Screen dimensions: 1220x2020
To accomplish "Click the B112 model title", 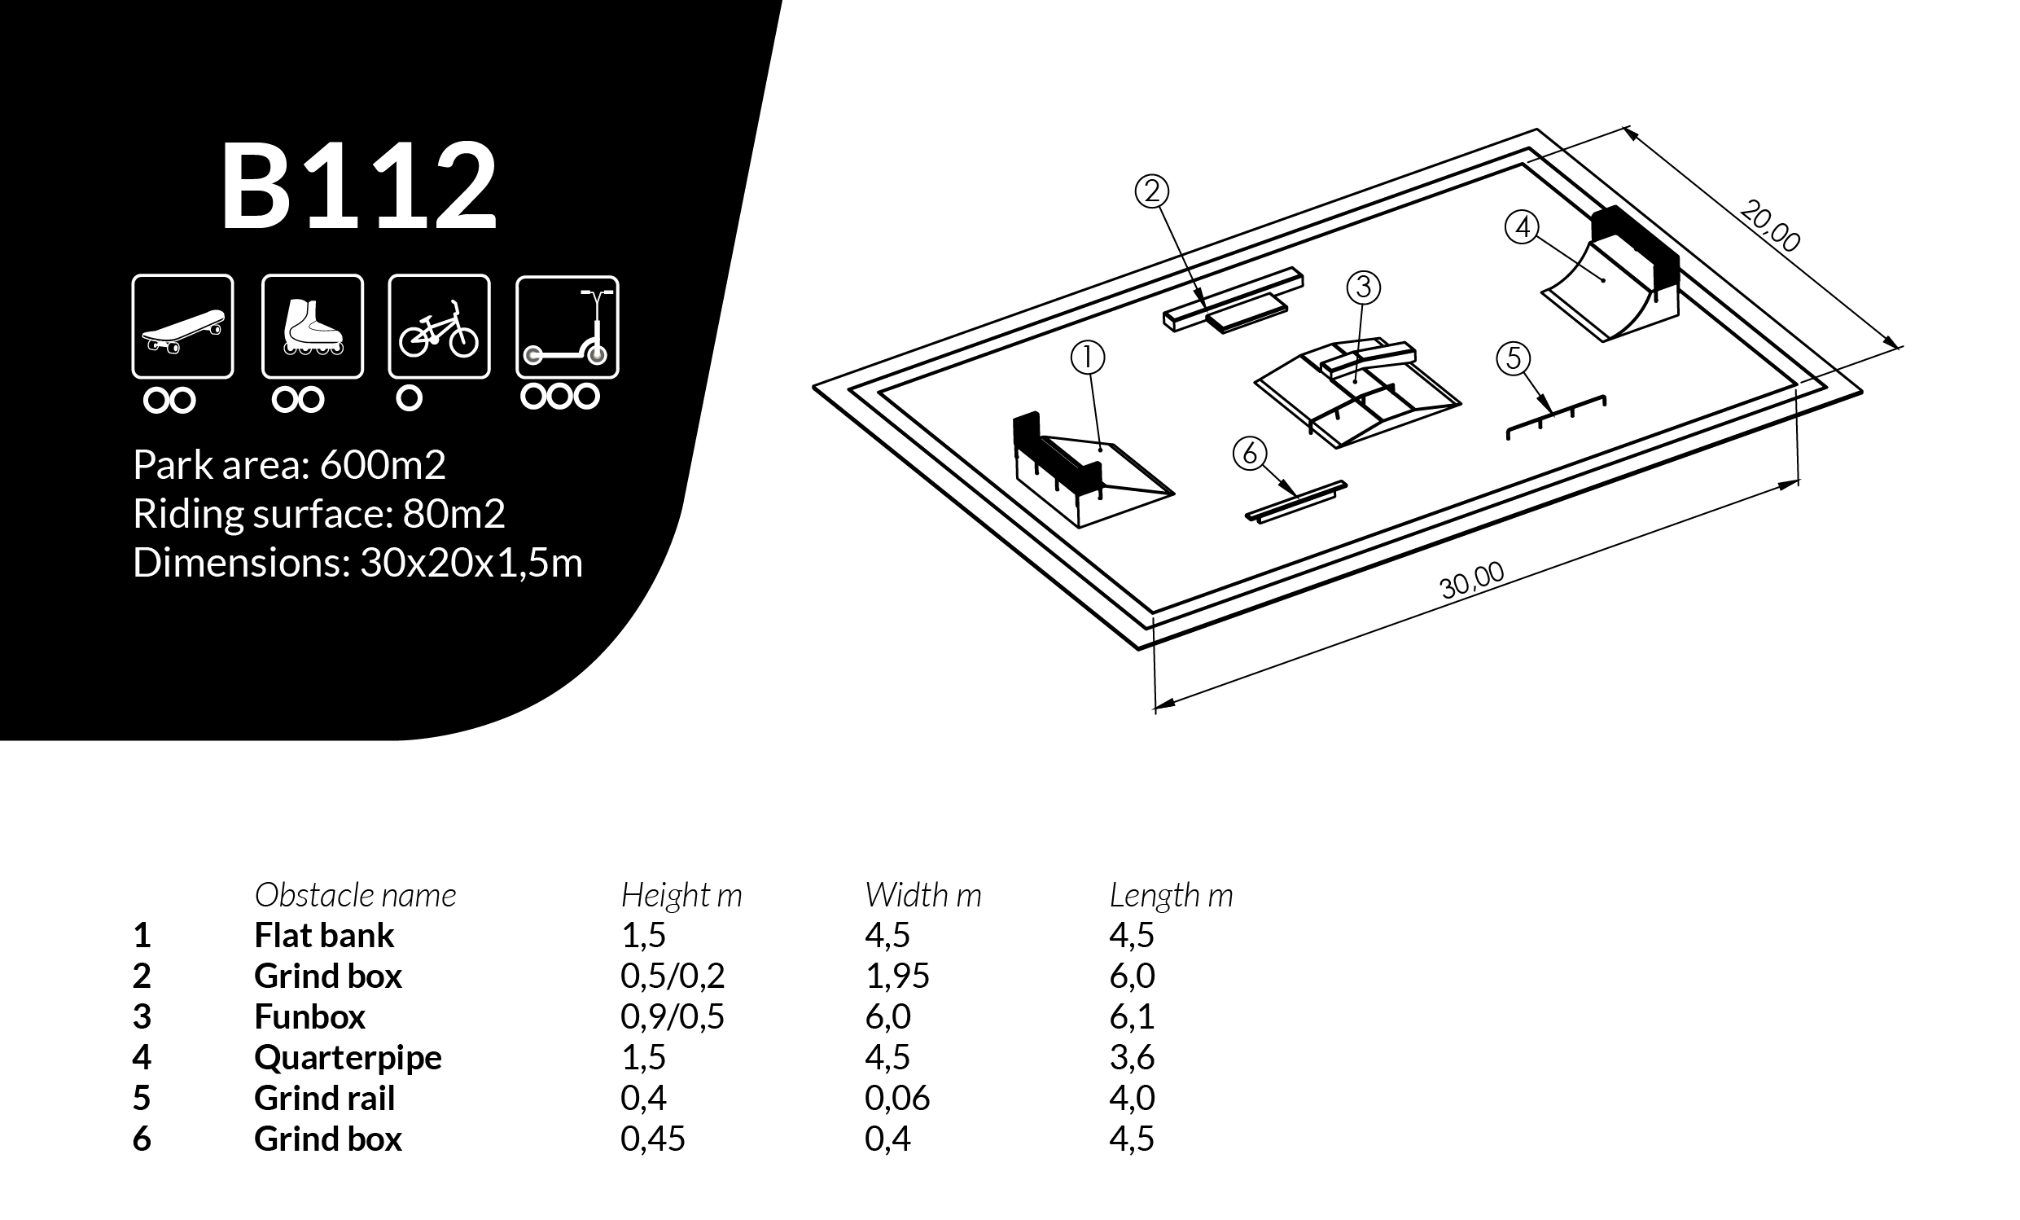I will [358, 187].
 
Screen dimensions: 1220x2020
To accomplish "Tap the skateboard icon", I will [183, 327].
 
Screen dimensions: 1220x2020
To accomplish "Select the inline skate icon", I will [313, 327].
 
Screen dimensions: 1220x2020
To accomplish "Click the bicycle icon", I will [439, 327].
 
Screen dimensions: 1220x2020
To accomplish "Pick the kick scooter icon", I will [567, 327].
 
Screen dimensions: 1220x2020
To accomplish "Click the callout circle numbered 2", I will [1152, 192].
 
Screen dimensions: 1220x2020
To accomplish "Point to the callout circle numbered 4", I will [1523, 227].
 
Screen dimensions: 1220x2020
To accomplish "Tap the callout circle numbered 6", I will [1250, 454].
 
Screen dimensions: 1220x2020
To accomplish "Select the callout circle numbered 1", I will [1088, 358].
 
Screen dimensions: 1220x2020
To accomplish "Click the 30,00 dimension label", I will [1471, 581].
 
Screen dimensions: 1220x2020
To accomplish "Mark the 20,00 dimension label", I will [1770, 226].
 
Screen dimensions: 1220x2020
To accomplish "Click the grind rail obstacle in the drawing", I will [1556, 415].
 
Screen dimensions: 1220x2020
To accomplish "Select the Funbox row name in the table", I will [310, 1016].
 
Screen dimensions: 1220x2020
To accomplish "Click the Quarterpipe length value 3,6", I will [1133, 1058].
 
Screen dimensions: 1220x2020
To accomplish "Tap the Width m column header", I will [923, 895].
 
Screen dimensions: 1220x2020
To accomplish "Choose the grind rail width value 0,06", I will [897, 1099].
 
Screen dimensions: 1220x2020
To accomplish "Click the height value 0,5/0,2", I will [673, 976].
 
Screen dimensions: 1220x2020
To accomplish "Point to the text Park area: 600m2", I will [289, 465].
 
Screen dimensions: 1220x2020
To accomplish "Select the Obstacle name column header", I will [355, 895].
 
